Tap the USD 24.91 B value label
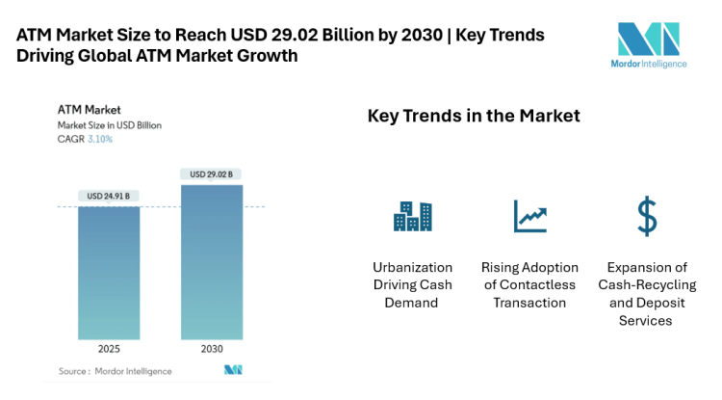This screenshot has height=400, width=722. pyautogui.click(x=108, y=197)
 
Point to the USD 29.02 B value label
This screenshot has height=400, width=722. pyautogui.click(x=211, y=174)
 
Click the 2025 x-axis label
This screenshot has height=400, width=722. pyautogui.click(x=108, y=349)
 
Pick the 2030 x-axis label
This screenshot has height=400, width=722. pyautogui.click(x=211, y=349)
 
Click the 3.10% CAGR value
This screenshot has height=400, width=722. pyautogui.click(x=99, y=139)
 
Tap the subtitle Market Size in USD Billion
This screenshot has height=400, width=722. pyautogui.click(x=110, y=125)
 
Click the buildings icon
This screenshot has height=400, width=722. pyautogui.click(x=412, y=217)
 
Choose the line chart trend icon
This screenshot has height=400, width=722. pyautogui.click(x=529, y=217)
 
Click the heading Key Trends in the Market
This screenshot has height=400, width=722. pyautogui.click(x=474, y=117)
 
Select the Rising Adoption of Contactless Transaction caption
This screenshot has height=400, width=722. pyautogui.click(x=529, y=284)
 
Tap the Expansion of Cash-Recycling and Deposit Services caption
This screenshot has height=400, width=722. pyautogui.click(x=646, y=293)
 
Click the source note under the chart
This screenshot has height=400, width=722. pyautogui.click(x=115, y=371)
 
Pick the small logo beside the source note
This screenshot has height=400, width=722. pyautogui.click(x=232, y=370)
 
